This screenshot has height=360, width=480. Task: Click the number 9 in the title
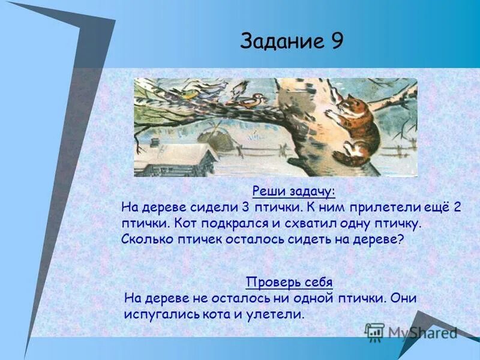[x=335, y=41]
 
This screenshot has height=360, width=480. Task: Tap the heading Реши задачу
[x=293, y=191]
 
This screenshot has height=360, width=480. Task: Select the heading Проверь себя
[x=289, y=282]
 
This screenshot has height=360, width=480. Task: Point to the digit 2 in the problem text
[x=457, y=208]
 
